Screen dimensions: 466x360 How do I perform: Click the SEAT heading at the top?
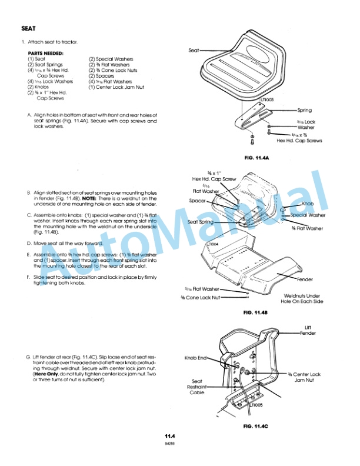[29, 28]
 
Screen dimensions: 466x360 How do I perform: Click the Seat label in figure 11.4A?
[194, 51]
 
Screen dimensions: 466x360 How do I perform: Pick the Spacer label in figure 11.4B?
[197, 201]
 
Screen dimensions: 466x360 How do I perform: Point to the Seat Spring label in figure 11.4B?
[201, 222]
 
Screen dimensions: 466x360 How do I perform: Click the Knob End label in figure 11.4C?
[195, 357]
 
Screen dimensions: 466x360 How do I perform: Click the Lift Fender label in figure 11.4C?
[308, 330]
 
